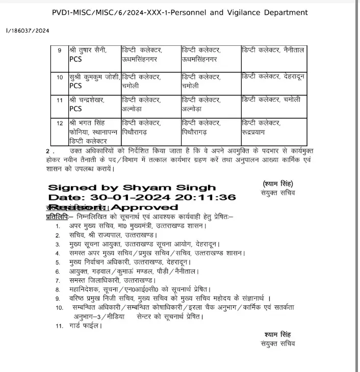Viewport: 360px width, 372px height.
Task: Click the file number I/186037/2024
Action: [28, 31]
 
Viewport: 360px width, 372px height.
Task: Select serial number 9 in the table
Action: [60, 51]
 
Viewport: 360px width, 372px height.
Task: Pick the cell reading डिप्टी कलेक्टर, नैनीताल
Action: [273, 50]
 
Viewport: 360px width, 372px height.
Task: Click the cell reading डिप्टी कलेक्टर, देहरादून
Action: [273, 76]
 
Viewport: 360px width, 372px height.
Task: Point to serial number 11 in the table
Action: [60, 100]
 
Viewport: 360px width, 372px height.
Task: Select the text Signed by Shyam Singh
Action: [132, 188]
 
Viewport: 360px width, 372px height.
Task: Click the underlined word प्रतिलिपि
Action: [57, 216]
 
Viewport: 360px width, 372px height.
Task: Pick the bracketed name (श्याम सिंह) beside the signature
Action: [278, 184]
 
